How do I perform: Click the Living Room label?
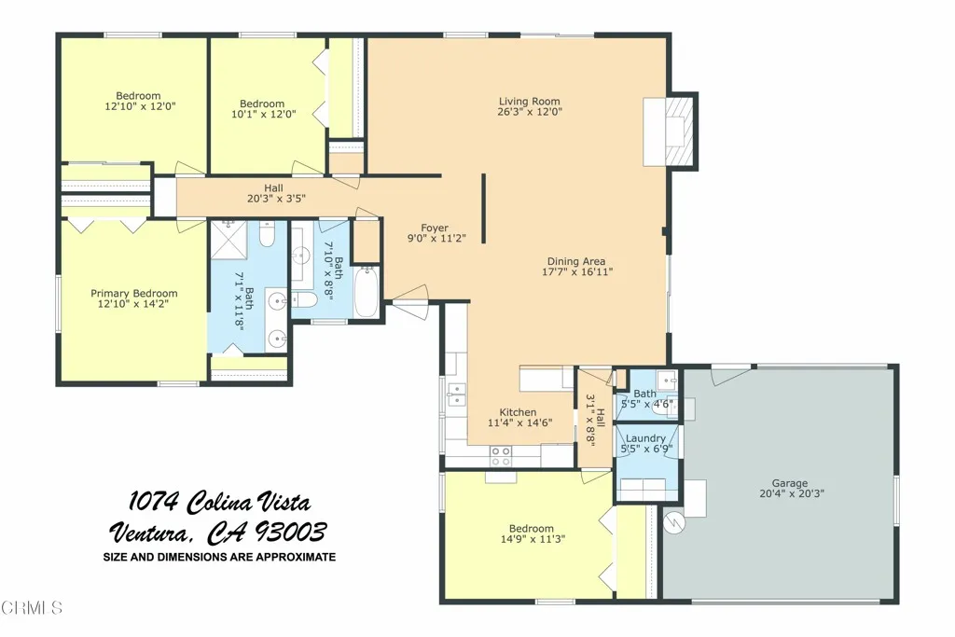point(529,102)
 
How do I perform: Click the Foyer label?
point(434,228)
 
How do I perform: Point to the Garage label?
point(789,483)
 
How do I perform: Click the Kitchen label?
point(518,412)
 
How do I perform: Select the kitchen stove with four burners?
point(501,455)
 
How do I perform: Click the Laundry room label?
point(645,438)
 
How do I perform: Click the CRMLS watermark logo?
point(32,608)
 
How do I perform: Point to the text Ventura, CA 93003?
point(218,533)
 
